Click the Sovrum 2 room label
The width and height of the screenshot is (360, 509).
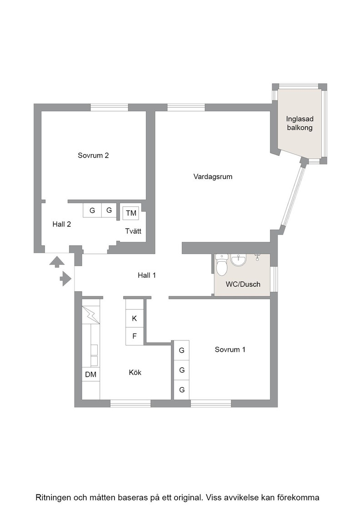coord(93,155)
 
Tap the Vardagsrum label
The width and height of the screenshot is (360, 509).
coord(213,177)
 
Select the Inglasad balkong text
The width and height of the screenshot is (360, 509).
coord(300,123)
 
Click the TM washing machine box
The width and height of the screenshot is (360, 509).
coord(131,213)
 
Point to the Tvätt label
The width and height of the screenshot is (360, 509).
coord(134,231)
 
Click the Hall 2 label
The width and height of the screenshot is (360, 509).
coord(62,225)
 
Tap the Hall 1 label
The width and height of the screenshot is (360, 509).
coord(147,275)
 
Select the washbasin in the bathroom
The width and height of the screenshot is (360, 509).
coord(239,259)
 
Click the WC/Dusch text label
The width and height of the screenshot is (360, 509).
coord(243,284)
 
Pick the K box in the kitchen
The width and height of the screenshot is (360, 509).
coord(135,319)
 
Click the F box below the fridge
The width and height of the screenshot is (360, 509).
coord(135,336)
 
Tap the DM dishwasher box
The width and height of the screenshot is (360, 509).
coord(91,374)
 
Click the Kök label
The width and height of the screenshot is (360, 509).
coord(135,373)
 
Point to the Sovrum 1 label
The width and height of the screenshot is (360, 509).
coord(230,349)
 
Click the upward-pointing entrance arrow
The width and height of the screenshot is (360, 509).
coord(57,262)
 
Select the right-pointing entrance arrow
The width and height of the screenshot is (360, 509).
coord(66,279)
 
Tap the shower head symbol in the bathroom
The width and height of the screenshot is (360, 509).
coord(257,257)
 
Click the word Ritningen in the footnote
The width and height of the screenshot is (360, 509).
coord(53,498)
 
